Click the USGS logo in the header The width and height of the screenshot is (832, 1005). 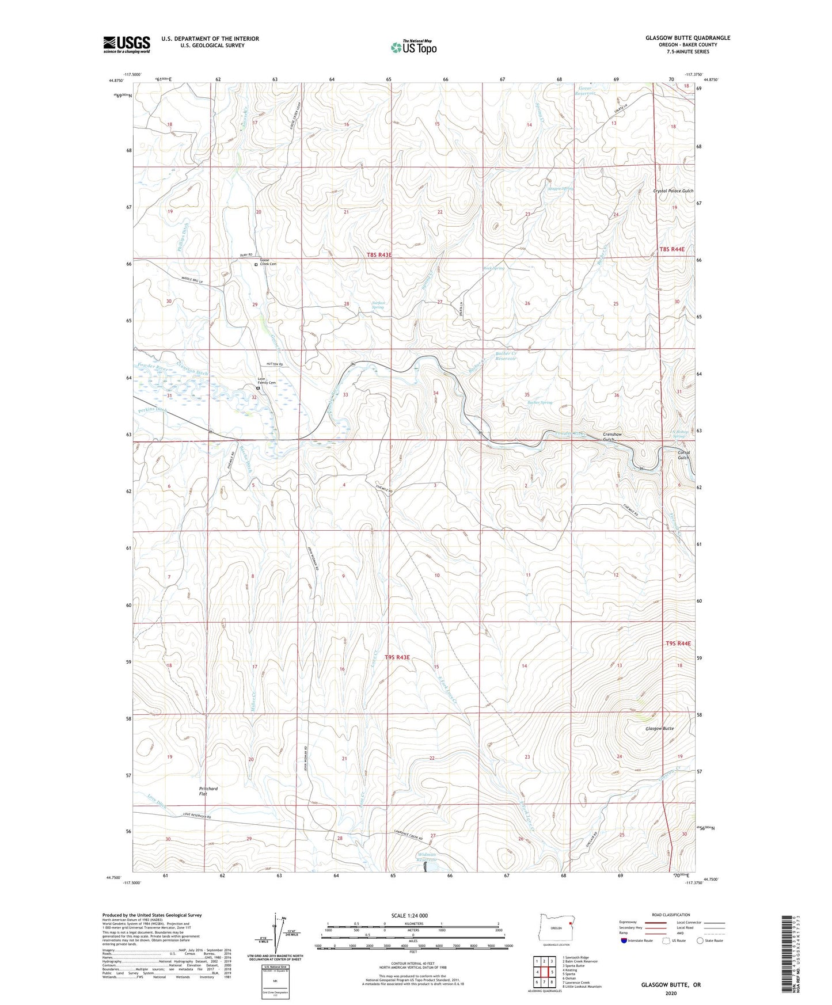[x=126, y=44]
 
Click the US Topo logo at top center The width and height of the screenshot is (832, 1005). [x=413, y=47]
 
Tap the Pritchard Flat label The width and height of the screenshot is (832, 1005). [x=208, y=791]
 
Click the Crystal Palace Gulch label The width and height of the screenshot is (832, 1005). [x=673, y=191]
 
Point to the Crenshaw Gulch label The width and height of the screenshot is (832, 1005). [x=612, y=437]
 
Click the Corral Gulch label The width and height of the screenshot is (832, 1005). [x=683, y=455]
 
